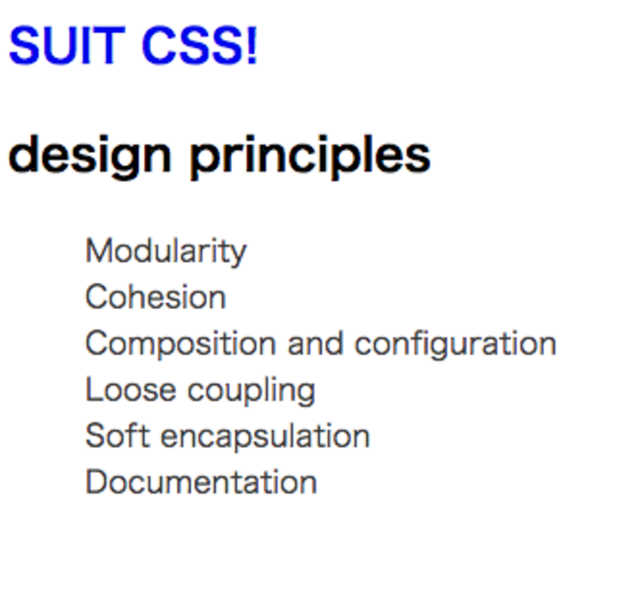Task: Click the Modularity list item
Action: tap(166, 252)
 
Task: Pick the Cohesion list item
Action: tap(156, 296)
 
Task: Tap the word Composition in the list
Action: tap(181, 344)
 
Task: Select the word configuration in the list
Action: tap(456, 344)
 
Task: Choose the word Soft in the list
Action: tap(118, 435)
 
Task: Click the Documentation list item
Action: tap(201, 481)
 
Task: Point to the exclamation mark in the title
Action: tap(252, 45)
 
